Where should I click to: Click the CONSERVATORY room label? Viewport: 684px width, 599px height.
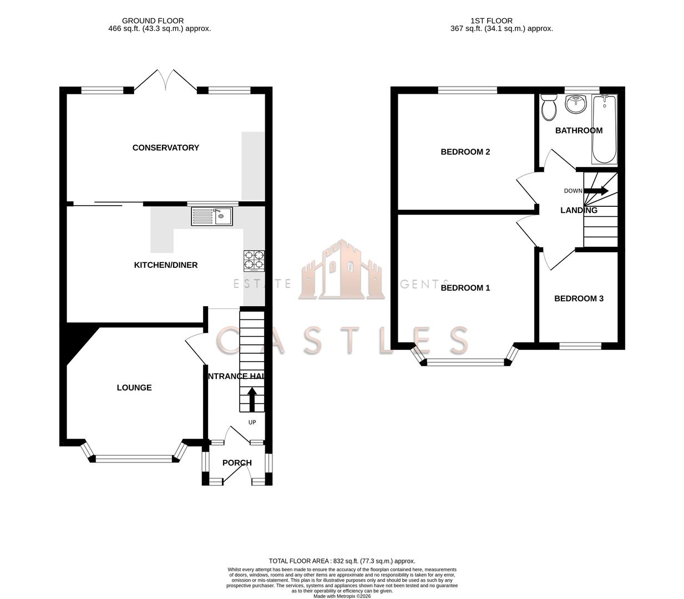[x=165, y=148]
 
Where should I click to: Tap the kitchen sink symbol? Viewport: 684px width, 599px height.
[x=213, y=216]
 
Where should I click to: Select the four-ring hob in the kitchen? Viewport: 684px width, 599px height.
[x=254, y=261]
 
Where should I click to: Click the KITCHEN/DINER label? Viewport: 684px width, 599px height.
[x=166, y=265]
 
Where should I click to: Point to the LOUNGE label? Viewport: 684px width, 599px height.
[x=134, y=388]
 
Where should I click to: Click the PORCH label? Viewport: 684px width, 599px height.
[x=237, y=463]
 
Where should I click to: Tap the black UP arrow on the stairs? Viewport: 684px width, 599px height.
[x=252, y=399]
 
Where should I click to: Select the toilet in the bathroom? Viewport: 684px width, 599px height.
[x=549, y=106]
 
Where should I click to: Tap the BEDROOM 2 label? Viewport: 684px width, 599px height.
[x=465, y=152]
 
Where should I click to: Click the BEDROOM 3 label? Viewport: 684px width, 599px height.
[x=579, y=298]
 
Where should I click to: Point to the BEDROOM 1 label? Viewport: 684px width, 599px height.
[x=465, y=288]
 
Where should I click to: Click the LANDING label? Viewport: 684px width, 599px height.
[x=579, y=210]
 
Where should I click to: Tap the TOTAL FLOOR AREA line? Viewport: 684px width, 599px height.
[x=342, y=561]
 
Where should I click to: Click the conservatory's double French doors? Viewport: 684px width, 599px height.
[x=165, y=80]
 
